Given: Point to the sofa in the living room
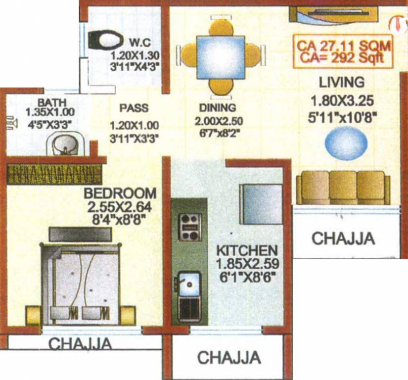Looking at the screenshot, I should pos(343,187).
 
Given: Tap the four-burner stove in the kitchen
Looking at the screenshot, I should pos(189,227).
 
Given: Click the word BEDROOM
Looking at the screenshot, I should pos(120,192).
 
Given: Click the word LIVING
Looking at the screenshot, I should pos(341,82).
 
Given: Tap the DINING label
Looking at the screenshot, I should pos(217,107).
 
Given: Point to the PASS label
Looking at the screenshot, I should pos(134,108).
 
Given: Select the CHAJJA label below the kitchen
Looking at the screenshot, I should pos(229,357).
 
